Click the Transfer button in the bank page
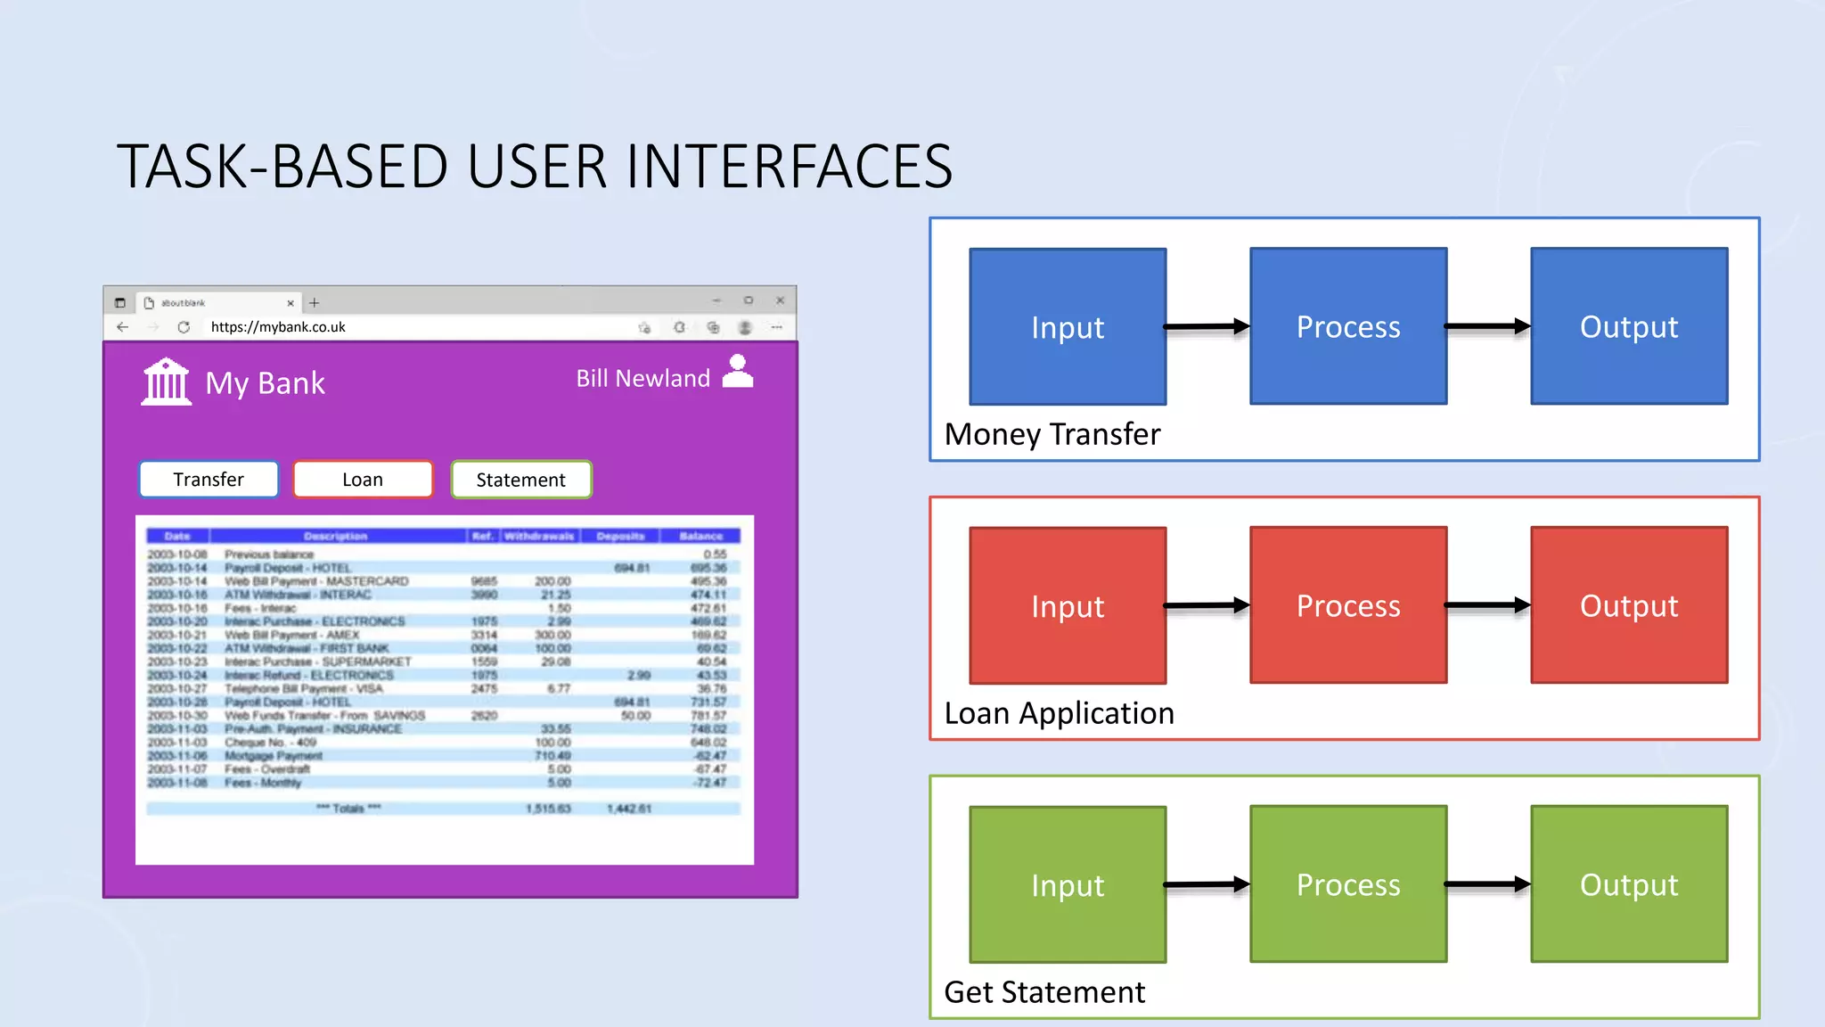(209, 480)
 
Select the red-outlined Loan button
(363, 480)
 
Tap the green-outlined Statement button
(521, 480)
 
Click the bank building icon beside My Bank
(167, 382)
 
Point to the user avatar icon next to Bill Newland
(738, 372)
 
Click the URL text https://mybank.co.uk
(278, 327)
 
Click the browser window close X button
(780, 300)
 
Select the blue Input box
(1068, 327)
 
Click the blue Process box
(1348, 327)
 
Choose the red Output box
(1629, 606)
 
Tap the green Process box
(1348, 884)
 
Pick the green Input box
(1068, 884)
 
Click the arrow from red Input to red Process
(1207, 605)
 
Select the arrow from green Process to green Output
(1488, 884)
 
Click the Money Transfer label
(1052, 434)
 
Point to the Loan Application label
(1059, 713)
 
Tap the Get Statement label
(1044, 992)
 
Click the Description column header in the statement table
(336, 536)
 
